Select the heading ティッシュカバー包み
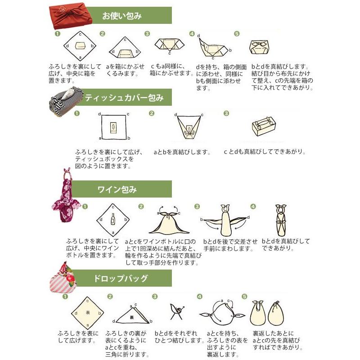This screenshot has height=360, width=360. [124, 97]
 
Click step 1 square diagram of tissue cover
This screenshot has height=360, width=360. [114, 127]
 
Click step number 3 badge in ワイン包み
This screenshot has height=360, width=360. [197, 207]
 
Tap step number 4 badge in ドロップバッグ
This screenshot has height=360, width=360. [200, 297]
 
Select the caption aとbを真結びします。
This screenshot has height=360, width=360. [181, 152]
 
